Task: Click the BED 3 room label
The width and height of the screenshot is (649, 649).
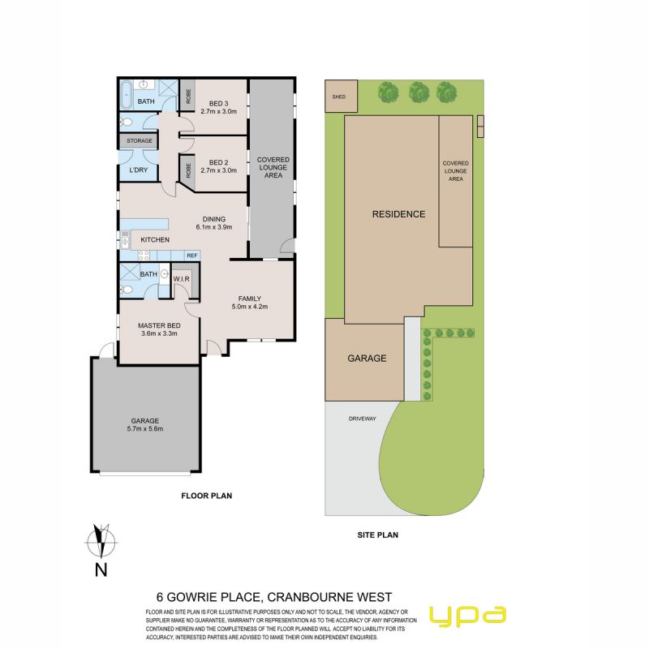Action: (218, 104)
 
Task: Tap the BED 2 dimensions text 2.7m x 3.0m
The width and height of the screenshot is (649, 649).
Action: (218, 170)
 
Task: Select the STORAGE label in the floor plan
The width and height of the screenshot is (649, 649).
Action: (140, 140)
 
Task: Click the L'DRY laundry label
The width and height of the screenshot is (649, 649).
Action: (138, 170)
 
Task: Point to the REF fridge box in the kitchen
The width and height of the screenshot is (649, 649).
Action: (192, 256)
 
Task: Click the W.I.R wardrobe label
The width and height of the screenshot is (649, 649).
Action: (181, 279)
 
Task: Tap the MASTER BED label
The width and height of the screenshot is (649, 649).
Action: (159, 325)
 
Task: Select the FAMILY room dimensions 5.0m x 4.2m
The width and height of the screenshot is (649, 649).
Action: (250, 307)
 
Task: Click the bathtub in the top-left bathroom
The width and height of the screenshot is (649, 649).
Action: (126, 94)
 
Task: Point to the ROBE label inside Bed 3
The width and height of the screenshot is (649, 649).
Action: (188, 97)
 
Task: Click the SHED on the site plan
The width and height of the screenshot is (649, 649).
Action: (341, 97)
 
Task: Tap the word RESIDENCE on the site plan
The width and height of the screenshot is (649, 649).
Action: (398, 214)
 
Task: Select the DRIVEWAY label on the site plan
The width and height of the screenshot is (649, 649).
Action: (362, 419)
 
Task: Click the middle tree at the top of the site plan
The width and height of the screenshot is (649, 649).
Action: (419, 92)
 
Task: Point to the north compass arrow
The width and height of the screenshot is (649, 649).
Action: (101, 541)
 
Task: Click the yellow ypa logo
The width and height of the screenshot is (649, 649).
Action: (468, 617)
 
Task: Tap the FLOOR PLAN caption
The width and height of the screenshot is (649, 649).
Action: (207, 496)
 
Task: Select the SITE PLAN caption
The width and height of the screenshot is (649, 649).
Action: (377, 535)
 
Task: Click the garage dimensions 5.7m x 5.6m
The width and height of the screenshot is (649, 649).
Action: (145, 429)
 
